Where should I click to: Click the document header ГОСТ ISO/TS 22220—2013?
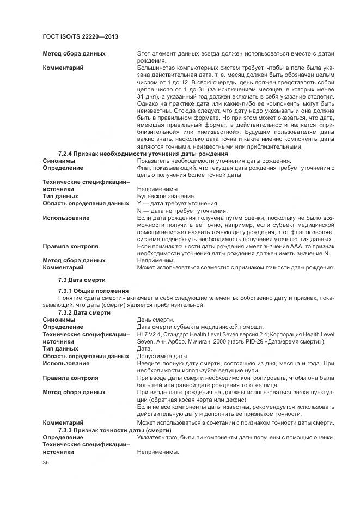[x=80, y=36]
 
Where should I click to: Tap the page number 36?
[x=46, y=463]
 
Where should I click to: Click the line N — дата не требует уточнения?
[x=182, y=211]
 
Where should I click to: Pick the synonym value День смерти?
[x=155, y=320]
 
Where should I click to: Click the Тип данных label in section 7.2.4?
[x=60, y=196]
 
